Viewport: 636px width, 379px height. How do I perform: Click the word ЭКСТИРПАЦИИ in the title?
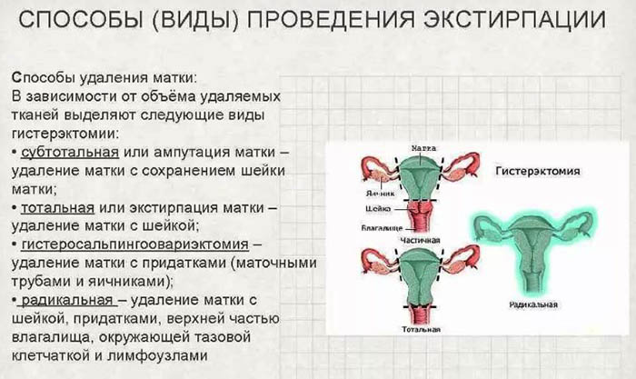tap(509, 20)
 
